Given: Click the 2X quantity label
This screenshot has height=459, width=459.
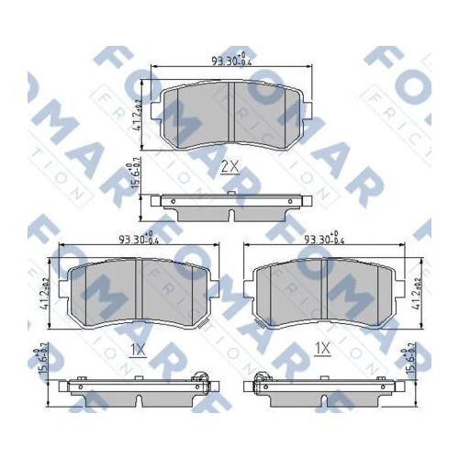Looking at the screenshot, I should pos(229,166).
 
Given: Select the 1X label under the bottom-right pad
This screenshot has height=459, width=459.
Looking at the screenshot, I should pos(322,349).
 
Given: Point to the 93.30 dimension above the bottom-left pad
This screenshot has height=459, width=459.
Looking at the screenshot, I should pos(138,241).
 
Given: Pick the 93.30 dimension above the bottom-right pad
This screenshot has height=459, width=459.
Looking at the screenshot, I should pos(322,241).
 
